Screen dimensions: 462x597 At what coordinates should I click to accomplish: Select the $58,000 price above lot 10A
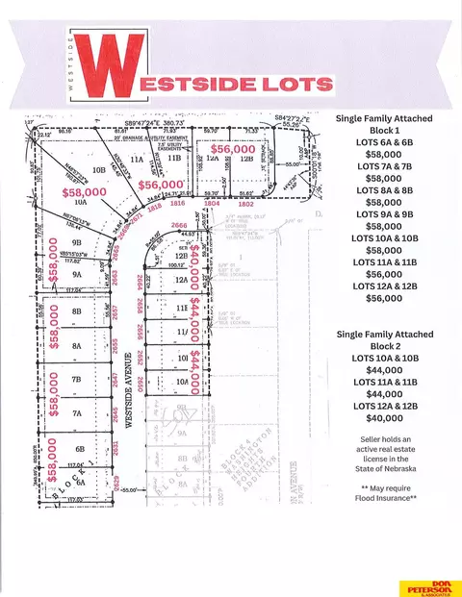tap(83, 192)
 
